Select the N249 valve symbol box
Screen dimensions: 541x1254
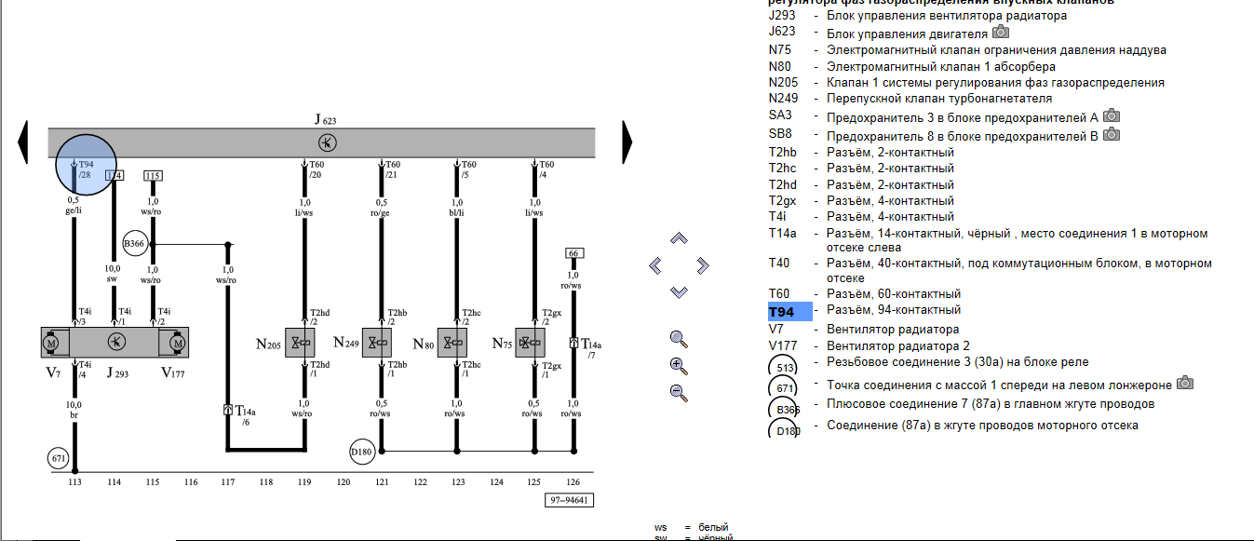(x=378, y=343)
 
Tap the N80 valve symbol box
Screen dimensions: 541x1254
(x=452, y=343)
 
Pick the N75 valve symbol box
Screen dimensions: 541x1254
(x=532, y=343)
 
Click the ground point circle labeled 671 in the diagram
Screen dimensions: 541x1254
(x=60, y=458)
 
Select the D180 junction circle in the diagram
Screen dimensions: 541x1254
(x=362, y=452)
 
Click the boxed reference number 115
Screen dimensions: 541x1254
(x=154, y=175)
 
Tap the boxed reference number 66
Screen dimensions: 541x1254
(x=573, y=253)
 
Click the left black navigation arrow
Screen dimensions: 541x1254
(x=24, y=142)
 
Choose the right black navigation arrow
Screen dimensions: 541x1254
(x=627, y=142)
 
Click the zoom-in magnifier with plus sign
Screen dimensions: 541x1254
(x=679, y=366)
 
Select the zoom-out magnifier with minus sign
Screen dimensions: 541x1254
(x=679, y=393)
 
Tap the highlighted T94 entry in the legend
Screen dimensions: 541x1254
(x=782, y=312)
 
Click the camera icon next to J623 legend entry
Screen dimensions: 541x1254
(x=1001, y=33)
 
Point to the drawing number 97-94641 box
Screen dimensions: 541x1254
(x=569, y=500)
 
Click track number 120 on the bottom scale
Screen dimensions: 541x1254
(x=344, y=482)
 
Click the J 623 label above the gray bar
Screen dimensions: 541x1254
(x=326, y=119)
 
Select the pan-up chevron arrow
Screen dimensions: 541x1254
(x=679, y=239)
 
